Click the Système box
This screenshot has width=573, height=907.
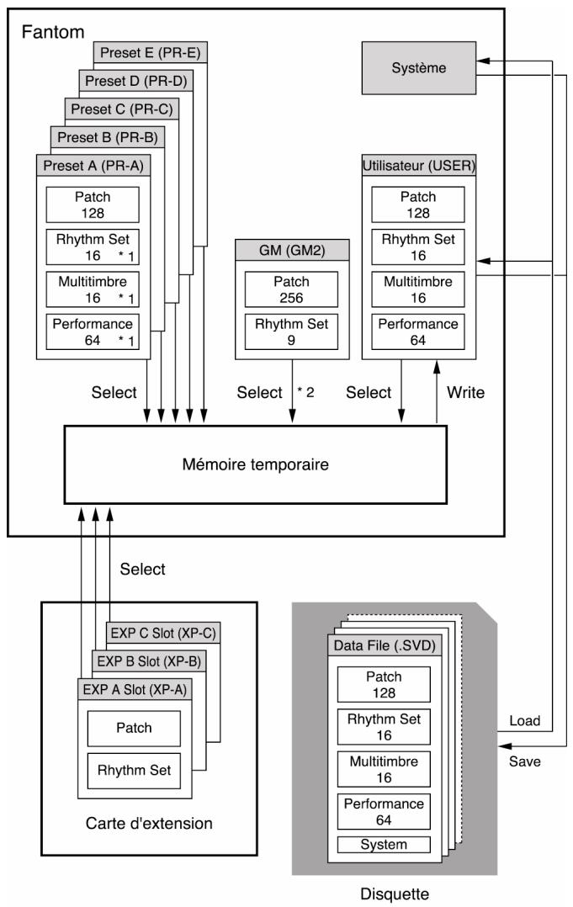[x=419, y=67]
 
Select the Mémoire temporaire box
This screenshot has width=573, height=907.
[x=255, y=464]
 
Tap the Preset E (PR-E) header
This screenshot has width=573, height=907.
[x=151, y=53]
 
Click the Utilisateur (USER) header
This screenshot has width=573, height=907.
[x=419, y=166]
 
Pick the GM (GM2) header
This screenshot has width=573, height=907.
[x=292, y=251]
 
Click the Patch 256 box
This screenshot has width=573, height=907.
[x=291, y=289]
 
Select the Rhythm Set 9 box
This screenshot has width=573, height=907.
[x=291, y=332]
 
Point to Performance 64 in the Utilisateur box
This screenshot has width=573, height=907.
[x=418, y=332]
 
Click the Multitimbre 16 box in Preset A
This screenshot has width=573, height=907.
[x=93, y=289]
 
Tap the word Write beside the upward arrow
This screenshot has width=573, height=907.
[x=465, y=393]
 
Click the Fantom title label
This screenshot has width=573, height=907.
[x=53, y=32]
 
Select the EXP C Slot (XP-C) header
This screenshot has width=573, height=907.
[x=163, y=634]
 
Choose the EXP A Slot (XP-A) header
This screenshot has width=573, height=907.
[x=135, y=690]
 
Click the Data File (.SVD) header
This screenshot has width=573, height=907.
[x=385, y=645]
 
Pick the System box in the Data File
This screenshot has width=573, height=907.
[x=384, y=845]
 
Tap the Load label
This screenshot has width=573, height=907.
[x=524, y=721]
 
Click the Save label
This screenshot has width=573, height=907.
[x=524, y=761]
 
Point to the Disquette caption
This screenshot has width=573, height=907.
[x=395, y=894]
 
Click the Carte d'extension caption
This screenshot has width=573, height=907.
[x=149, y=823]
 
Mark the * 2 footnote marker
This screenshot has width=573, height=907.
[x=306, y=392]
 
